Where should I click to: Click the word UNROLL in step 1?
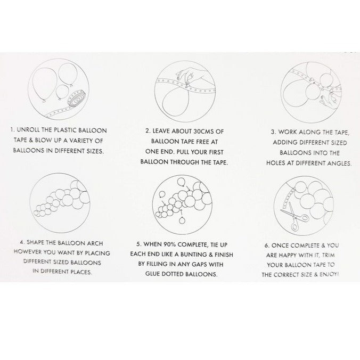pyautogui.click(x=28, y=130)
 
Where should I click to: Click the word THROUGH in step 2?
pyautogui.click(x=185, y=162)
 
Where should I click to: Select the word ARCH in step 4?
pyautogui.click(x=95, y=243)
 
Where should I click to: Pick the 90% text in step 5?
pyautogui.click(x=170, y=244)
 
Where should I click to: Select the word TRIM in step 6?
pyautogui.click(x=329, y=255)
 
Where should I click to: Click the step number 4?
pyautogui.click(x=22, y=242)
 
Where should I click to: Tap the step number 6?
pyautogui.click(x=267, y=246)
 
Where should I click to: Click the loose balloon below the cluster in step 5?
pyautogui.click(x=182, y=220)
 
